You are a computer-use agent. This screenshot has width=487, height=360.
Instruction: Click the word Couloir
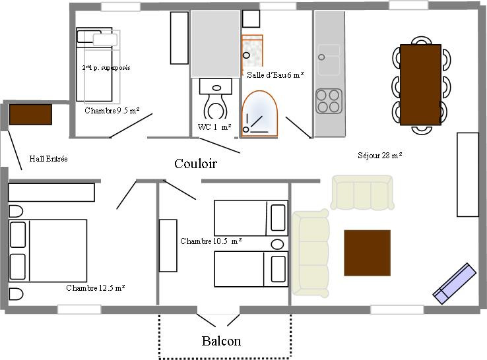(x=195, y=164)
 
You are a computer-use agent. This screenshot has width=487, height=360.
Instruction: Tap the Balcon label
(x=221, y=341)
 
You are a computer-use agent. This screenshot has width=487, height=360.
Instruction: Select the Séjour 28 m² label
(x=380, y=155)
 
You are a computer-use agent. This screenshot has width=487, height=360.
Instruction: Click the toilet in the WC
(x=216, y=98)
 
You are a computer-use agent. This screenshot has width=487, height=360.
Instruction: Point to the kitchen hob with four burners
(x=329, y=101)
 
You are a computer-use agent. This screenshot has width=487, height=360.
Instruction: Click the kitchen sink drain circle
(x=321, y=57)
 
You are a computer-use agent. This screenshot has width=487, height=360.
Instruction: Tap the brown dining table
(x=420, y=84)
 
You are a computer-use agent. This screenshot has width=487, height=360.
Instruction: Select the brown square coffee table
(x=367, y=253)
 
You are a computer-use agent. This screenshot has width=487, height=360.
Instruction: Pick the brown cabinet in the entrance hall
(x=30, y=115)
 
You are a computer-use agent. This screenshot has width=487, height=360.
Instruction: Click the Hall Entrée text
(x=48, y=159)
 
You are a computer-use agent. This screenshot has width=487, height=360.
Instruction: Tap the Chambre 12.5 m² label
(x=96, y=288)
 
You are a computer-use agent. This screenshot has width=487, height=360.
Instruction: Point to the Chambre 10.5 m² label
(x=211, y=241)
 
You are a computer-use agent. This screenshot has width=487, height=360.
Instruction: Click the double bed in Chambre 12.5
(x=48, y=251)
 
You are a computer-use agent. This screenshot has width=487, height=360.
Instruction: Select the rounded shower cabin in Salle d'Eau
(x=259, y=113)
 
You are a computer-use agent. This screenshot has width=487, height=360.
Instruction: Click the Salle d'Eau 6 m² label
(x=275, y=75)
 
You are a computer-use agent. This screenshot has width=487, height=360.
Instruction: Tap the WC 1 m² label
(x=214, y=127)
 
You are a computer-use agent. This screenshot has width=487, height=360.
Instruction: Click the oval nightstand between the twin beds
(x=277, y=244)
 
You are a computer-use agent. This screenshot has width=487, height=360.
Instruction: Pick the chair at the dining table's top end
(x=421, y=41)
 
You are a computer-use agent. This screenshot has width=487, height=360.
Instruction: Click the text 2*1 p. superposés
(x=106, y=68)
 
